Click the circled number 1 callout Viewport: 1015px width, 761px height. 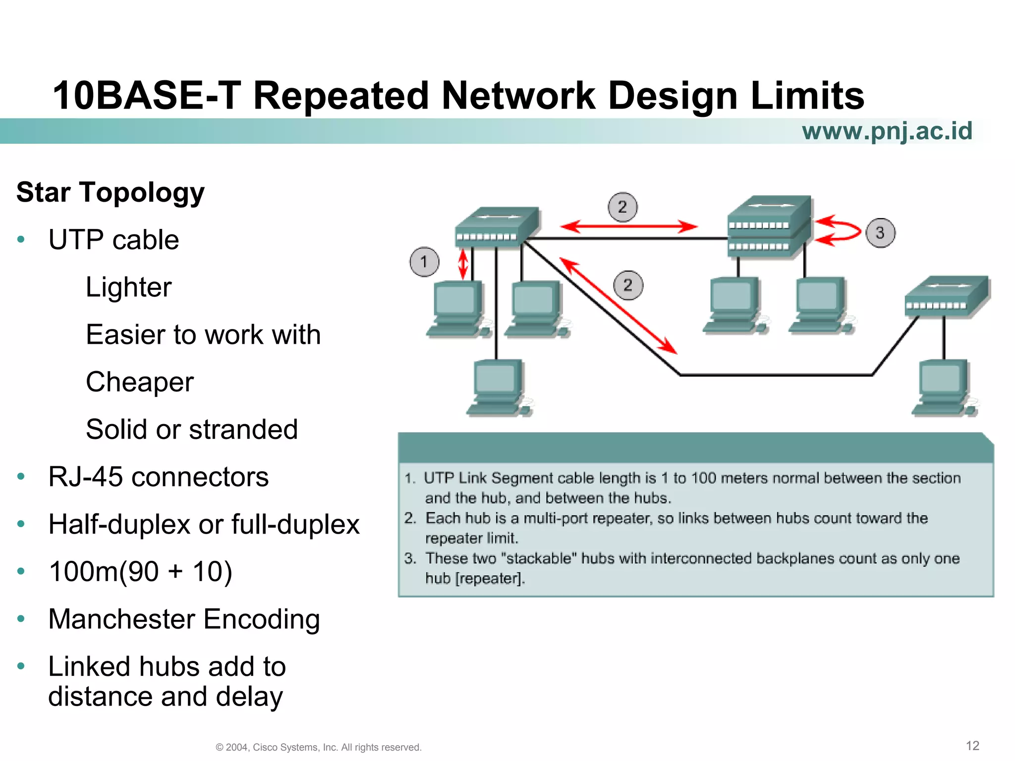tap(424, 262)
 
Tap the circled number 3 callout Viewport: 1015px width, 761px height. tap(880, 233)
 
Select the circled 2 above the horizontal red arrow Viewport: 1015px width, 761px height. tap(622, 207)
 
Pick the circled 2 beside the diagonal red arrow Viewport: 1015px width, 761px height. tap(628, 285)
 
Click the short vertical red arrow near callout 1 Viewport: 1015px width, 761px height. tap(463, 264)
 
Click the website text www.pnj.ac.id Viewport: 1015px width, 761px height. tap(887, 131)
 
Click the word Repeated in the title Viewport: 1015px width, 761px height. tap(341, 96)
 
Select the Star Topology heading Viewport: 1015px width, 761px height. tap(111, 192)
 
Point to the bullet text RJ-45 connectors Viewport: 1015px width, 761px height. tap(158, 477)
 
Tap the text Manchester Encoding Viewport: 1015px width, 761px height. tap(184, 619)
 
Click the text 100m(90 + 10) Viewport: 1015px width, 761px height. tap(140, 572)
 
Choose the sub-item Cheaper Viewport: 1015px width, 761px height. tap(140, 382)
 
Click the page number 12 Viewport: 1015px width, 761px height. tap(972, 746)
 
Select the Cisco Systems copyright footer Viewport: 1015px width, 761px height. tap(319, 747)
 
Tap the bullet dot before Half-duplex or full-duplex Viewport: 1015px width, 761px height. tap(21, 524)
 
